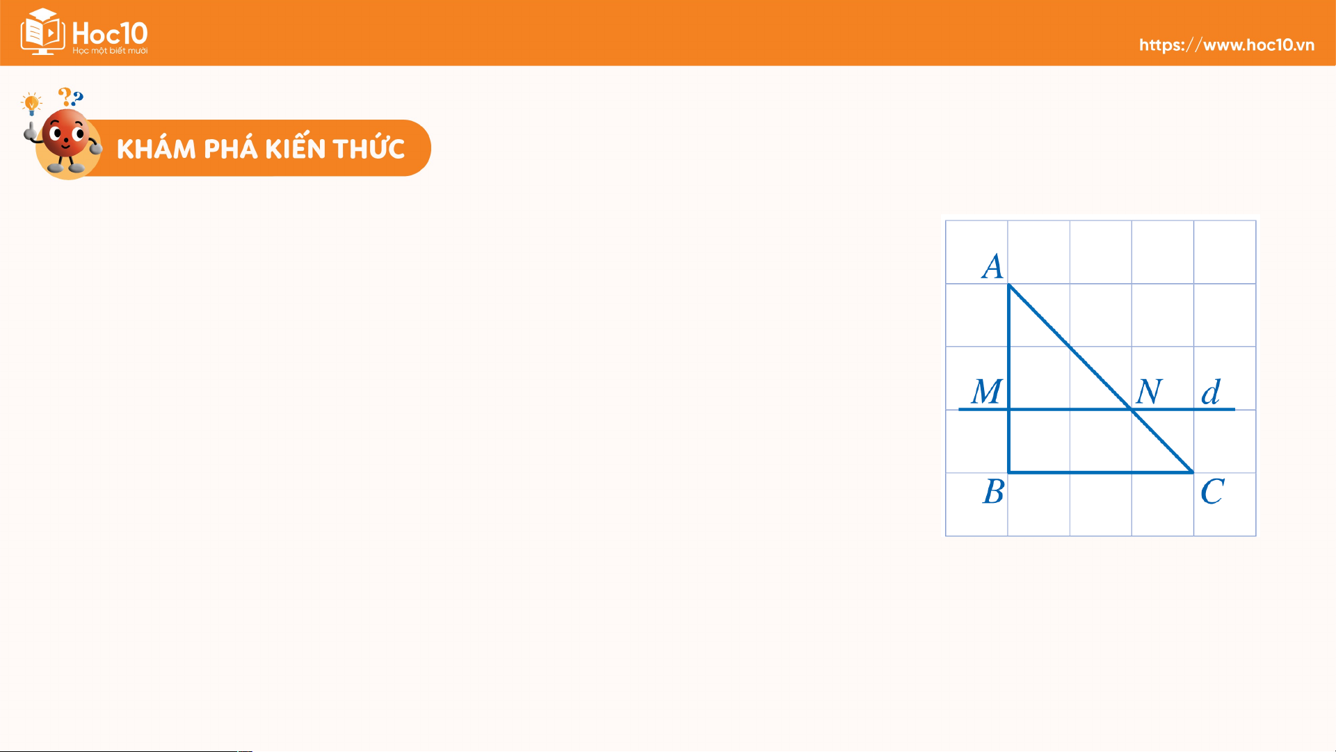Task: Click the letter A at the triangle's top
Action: click(x=992, y=266)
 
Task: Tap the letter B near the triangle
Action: click(x=993, y=492)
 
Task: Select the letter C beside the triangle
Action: click(x=1212, y=492)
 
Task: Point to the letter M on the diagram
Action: click(x=987, y=392)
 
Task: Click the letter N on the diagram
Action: click(x=1149, y=392)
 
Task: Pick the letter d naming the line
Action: click(x=1211, y=392)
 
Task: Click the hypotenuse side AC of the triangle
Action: click(x=1101, y=378)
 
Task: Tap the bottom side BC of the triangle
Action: click(x=1101, y=472)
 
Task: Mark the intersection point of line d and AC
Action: click(x=1132, y=410)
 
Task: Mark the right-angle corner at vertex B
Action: click(x=1008, y=472)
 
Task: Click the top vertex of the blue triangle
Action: click(x=1008, y=285)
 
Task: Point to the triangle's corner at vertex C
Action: click(x=1193, y=472)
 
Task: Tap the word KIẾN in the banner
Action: click(x=295, y=147)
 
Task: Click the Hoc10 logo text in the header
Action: click(x=110, y=33)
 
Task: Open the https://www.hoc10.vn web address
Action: click(x=1227, y=45)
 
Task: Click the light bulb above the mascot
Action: click(x=31, y=104)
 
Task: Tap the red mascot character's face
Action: click(x=65, y=134)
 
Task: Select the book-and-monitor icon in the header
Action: click(x=42, y=31)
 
